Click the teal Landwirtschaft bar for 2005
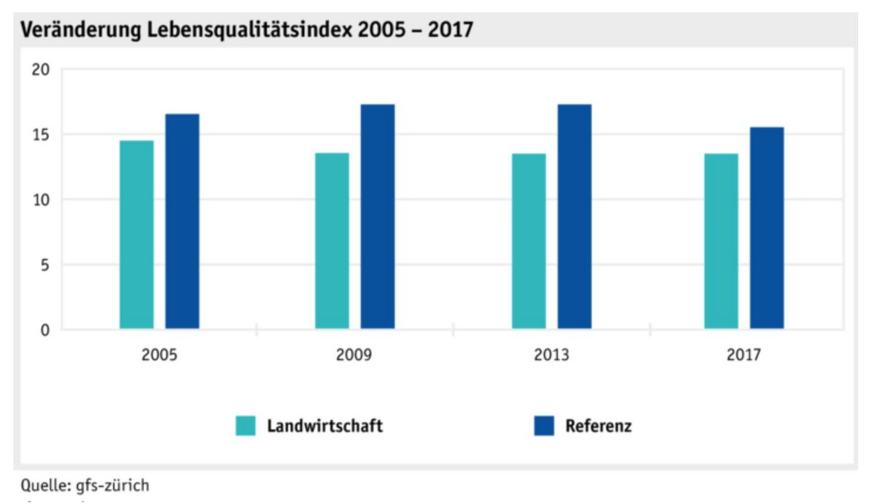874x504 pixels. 137,234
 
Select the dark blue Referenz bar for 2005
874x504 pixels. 182,221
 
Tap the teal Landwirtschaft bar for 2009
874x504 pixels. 331,240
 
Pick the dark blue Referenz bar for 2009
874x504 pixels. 378,216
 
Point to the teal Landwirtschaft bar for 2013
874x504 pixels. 529,240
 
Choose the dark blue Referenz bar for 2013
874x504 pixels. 574,216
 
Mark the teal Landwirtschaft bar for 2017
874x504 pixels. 721,240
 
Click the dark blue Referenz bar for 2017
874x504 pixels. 767,228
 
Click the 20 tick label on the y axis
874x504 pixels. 39,69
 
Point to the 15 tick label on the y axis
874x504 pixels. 39,135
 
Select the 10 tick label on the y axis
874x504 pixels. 39,200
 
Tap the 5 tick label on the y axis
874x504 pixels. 44,265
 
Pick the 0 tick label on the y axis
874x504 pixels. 44,330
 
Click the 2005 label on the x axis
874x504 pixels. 159,355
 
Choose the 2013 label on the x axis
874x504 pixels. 551,355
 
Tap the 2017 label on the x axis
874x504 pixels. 744,355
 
